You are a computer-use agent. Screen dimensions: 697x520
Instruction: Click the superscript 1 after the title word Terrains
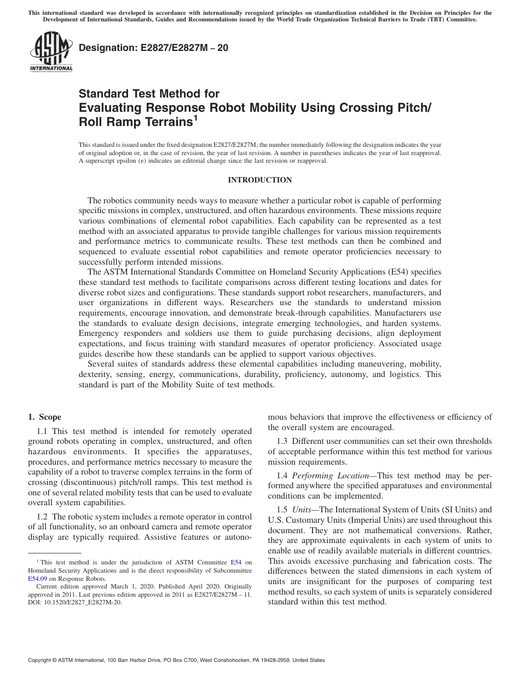point(195,118)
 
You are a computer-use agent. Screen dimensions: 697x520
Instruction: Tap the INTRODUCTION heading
point(259,180)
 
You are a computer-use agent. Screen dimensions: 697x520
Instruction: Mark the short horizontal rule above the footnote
point(54,553)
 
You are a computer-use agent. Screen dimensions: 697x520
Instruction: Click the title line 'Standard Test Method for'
point(149,94)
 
